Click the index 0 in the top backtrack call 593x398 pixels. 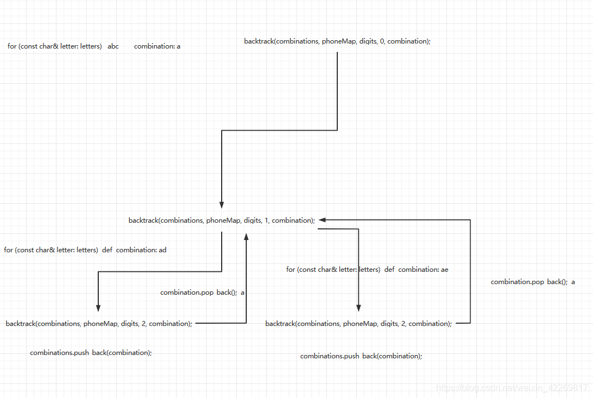tap(382, 41)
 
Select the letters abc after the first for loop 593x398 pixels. tap(113, 46)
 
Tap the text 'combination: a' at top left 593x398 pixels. tap(157, 46)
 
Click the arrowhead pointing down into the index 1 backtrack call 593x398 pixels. tap(222, 204)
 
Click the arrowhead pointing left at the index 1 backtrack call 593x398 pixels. tap(322, 220)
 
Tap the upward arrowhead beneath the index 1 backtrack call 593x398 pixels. tap(246, 237)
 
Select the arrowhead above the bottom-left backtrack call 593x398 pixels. tap(98, 308)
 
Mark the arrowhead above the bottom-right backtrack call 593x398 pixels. tap(358, 308)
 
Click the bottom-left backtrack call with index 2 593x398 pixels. tap(99, 324)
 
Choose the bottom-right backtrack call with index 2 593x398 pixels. tap(358, 324)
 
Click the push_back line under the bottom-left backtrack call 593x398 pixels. tap(91, 353)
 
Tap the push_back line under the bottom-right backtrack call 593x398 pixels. tap(361, 356)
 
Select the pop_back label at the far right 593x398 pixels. tap(533, 282)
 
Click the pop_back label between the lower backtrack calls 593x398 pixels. tap(202, 292)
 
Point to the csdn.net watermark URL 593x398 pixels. tap(511, 388)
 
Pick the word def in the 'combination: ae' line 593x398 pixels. tap(389, 270)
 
